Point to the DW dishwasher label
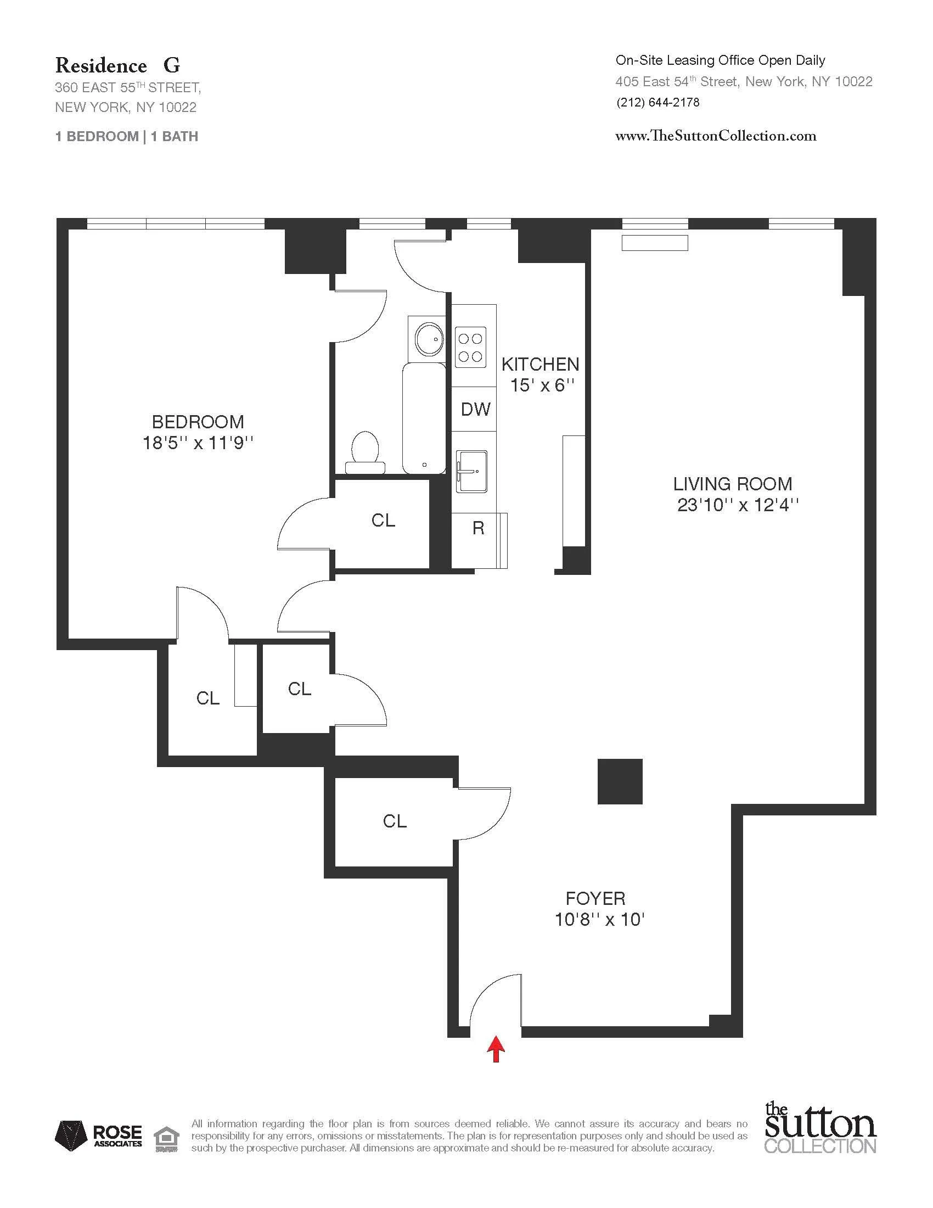475,409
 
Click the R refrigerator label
478,528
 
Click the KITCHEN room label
540,364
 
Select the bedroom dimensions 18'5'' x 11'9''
198,443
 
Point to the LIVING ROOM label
732,484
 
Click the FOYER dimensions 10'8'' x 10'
600,919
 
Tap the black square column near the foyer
620,781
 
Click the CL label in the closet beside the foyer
395,821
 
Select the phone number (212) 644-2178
657,102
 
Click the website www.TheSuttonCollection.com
715,136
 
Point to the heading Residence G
117,66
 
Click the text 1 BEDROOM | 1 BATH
127,137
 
